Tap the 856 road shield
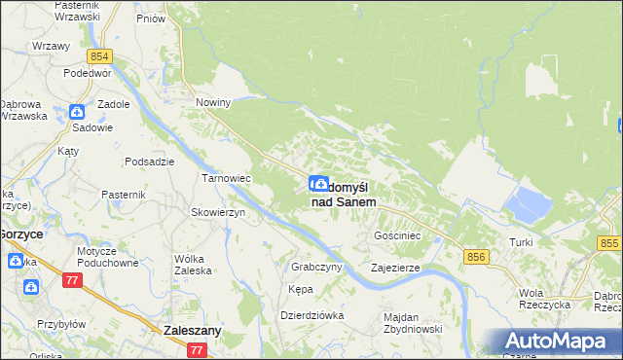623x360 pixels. click(476, 256)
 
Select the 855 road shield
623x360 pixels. click(609, 242)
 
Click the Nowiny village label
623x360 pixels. click(213, 102)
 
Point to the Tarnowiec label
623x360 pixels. click(227, 179)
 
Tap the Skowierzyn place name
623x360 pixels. click(217, 212)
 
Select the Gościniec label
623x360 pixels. click(397, 236)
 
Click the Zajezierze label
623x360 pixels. click(395, 267)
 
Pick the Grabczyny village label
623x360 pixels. click(314, 266)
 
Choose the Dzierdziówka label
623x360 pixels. click(312, 315)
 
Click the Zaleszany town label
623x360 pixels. click(193, 331)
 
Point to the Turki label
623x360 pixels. click(522, 241)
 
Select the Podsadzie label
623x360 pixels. click(150, 162)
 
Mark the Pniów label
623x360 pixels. click(151, 18)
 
